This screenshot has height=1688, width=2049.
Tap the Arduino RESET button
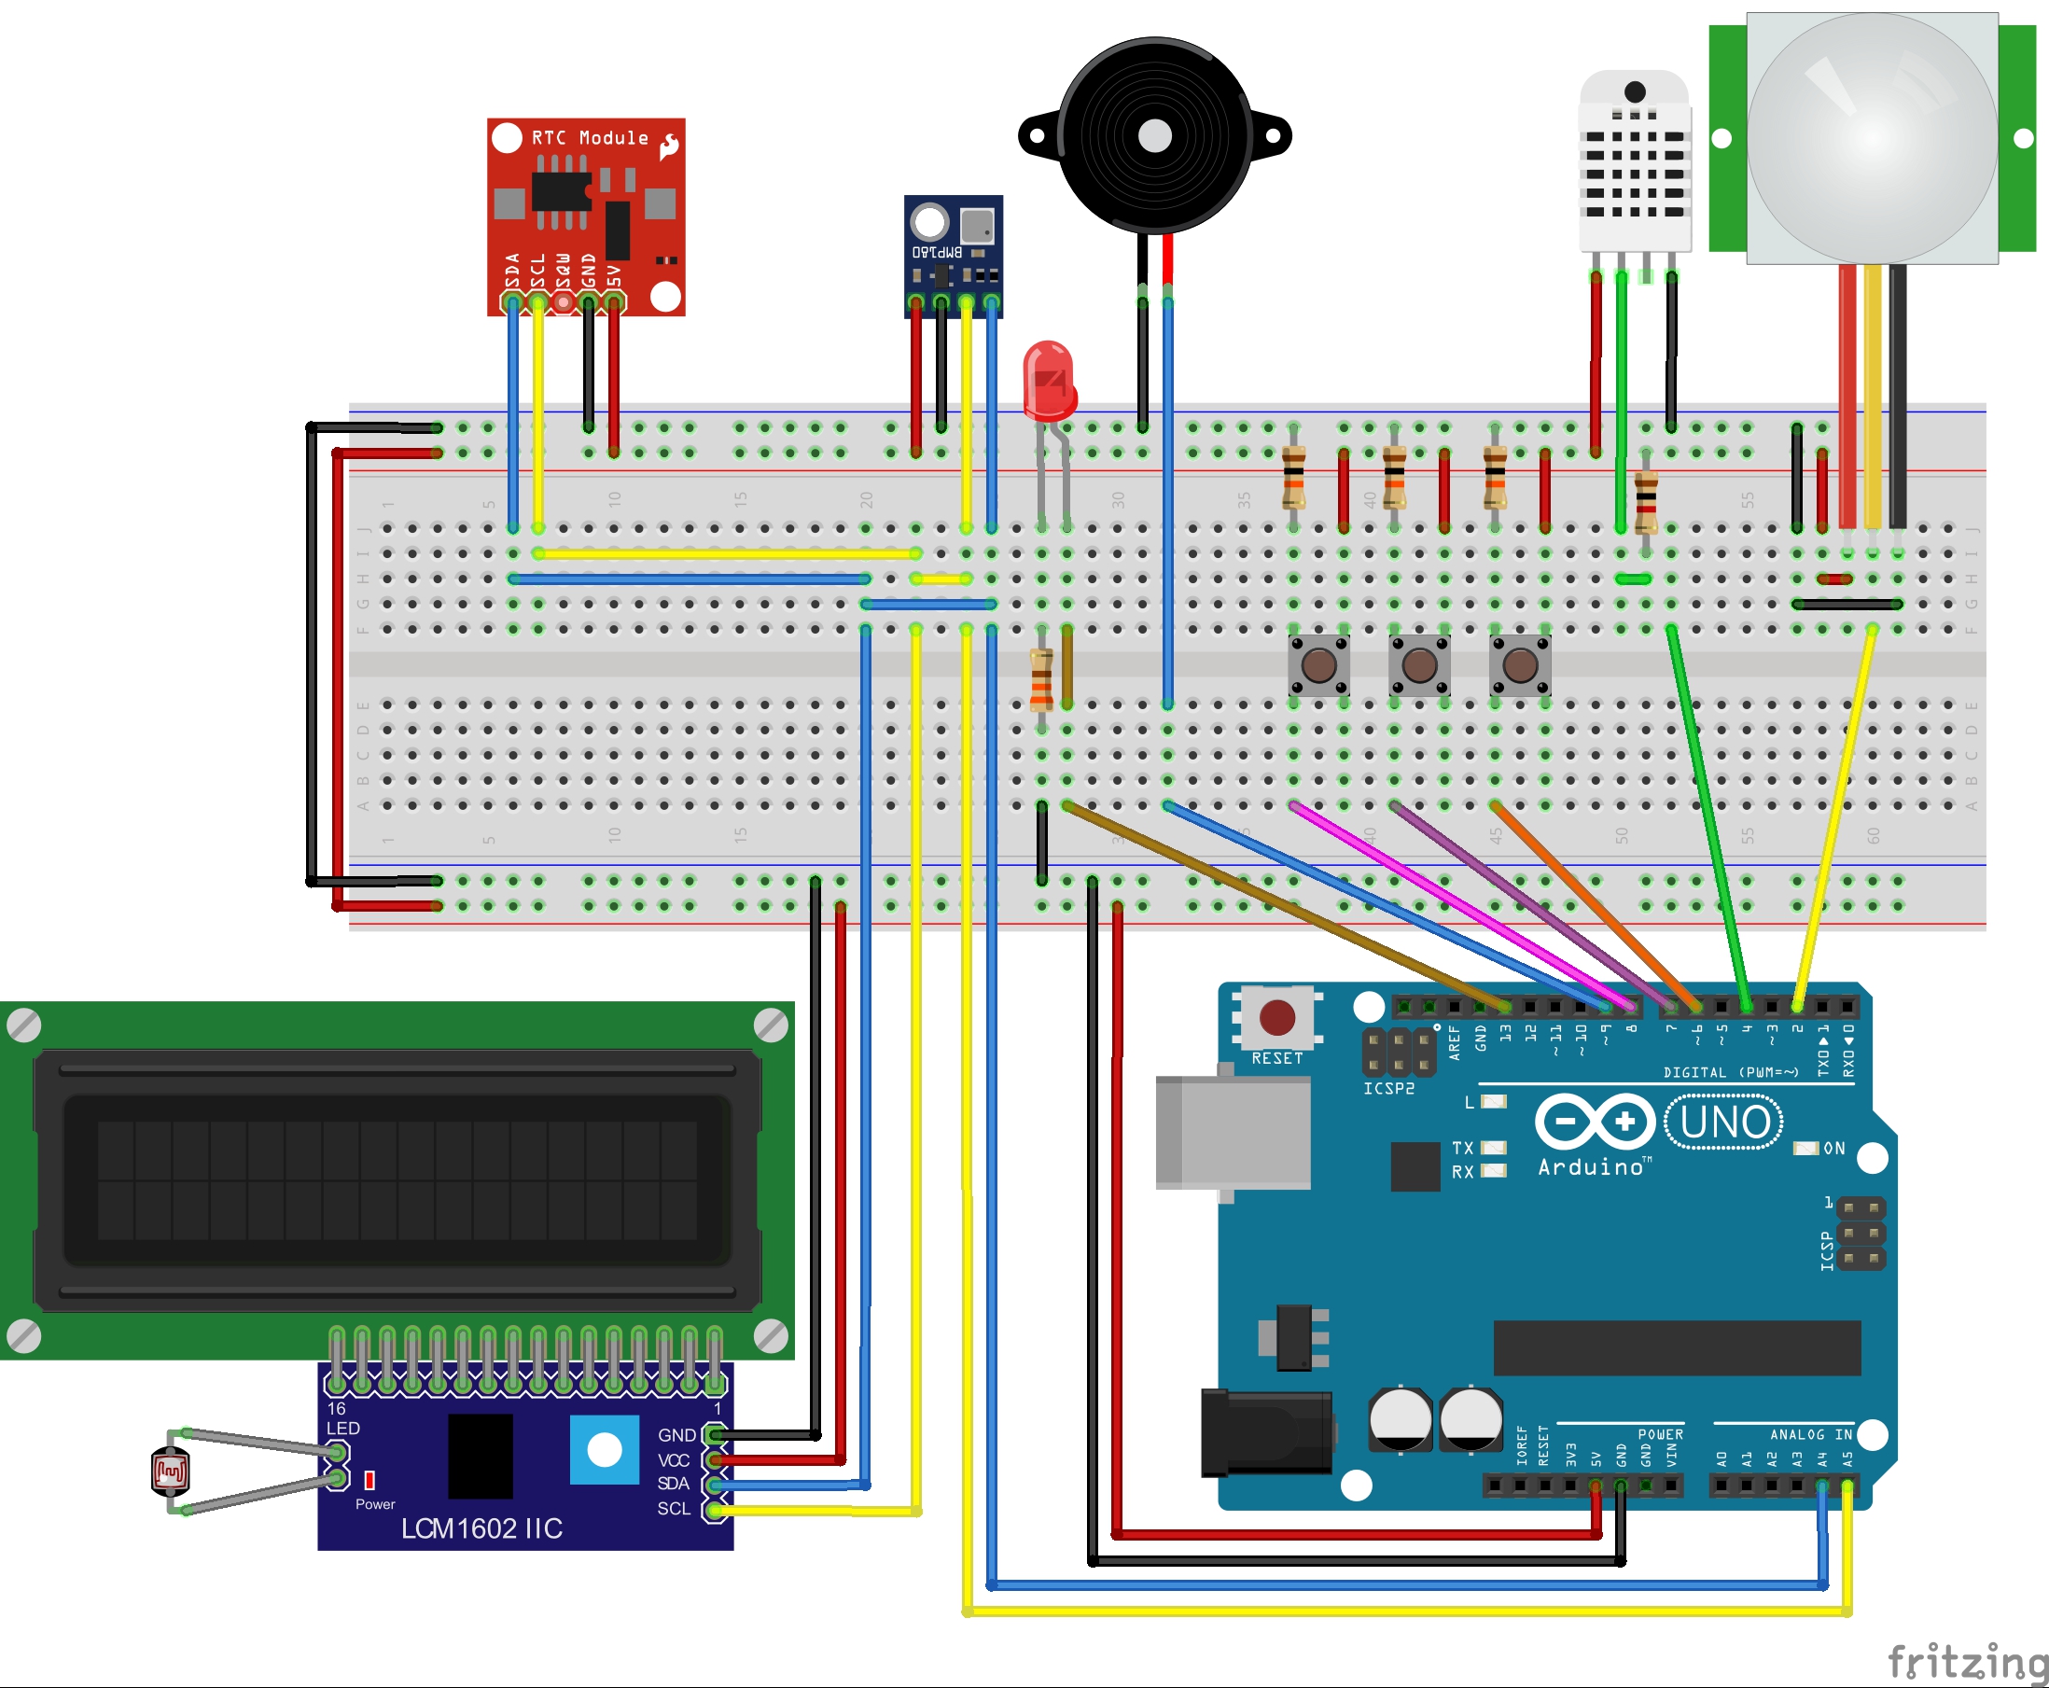click(1276, 1018)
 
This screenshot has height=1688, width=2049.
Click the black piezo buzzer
click(1154, 136)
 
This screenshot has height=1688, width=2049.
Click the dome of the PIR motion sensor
click(1872, 136)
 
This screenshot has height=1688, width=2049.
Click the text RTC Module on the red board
click(590, 138)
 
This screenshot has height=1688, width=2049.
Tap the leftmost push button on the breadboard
click(1318, 666)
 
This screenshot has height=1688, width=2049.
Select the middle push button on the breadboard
click(1420, 666)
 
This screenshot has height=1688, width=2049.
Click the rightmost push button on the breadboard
click(1520, 666)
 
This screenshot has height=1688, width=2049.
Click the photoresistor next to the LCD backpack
click(170, 1472)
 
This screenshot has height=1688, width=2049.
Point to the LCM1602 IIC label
click(481, 1528)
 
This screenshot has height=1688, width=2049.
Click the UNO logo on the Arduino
click(1724, 1123)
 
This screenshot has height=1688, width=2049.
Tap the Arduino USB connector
click(1233, 1133)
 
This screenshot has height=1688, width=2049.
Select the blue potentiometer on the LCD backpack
click(604, 1450)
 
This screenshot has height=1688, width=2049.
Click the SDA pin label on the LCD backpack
click(673, 1484)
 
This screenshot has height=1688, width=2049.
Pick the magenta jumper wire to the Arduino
click(1458, 904)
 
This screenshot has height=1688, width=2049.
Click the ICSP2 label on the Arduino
click(1387, 1088)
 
